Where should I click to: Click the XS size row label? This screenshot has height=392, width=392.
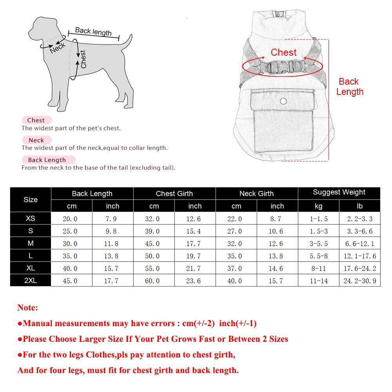[31, 218]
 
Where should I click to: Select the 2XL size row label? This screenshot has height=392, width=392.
[31, 281]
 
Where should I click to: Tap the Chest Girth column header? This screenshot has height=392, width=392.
[174, 193]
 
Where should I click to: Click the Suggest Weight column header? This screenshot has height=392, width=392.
[339, 192]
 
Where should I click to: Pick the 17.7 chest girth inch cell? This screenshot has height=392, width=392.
[195, 243]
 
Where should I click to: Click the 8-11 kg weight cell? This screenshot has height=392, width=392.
[318, 269]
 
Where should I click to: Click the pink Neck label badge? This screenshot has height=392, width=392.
[36, 140]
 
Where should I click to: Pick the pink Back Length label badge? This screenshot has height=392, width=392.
[47, 160]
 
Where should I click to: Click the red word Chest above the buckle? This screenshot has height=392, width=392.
[283, 53]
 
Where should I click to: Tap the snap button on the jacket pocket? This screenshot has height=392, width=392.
[283, 102]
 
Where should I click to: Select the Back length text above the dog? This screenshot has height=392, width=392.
[93, 31]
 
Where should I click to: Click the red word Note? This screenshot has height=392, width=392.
[27, 308]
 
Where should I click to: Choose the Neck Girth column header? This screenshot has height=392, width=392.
[256, 193]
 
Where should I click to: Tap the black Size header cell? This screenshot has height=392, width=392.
[31, 200]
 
